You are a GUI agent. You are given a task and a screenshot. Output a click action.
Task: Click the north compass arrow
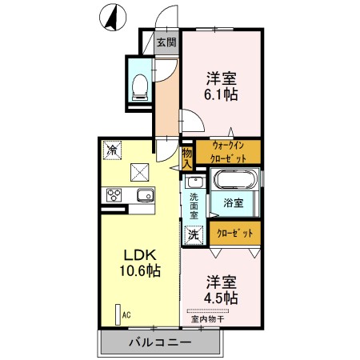coord(113,18)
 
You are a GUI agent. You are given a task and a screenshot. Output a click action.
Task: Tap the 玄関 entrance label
coord(166,42)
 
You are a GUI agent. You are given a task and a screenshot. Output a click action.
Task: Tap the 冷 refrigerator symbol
coord(113,150)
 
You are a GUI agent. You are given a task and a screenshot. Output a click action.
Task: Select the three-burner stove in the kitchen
coord(113,196)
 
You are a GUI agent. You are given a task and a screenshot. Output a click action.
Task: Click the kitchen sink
coord(144,196)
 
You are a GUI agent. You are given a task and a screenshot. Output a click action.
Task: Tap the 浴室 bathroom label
coord(234,203)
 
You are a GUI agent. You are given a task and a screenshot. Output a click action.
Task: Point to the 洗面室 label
coord(194,207)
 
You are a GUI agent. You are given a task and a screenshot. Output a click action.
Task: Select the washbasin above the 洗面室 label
coord(196,183)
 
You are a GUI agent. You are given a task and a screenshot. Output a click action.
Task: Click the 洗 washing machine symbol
coord(194,235)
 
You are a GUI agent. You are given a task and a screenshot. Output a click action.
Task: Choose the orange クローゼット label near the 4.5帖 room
coord(238,233)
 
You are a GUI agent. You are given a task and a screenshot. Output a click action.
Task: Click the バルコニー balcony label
coord(160,342)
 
